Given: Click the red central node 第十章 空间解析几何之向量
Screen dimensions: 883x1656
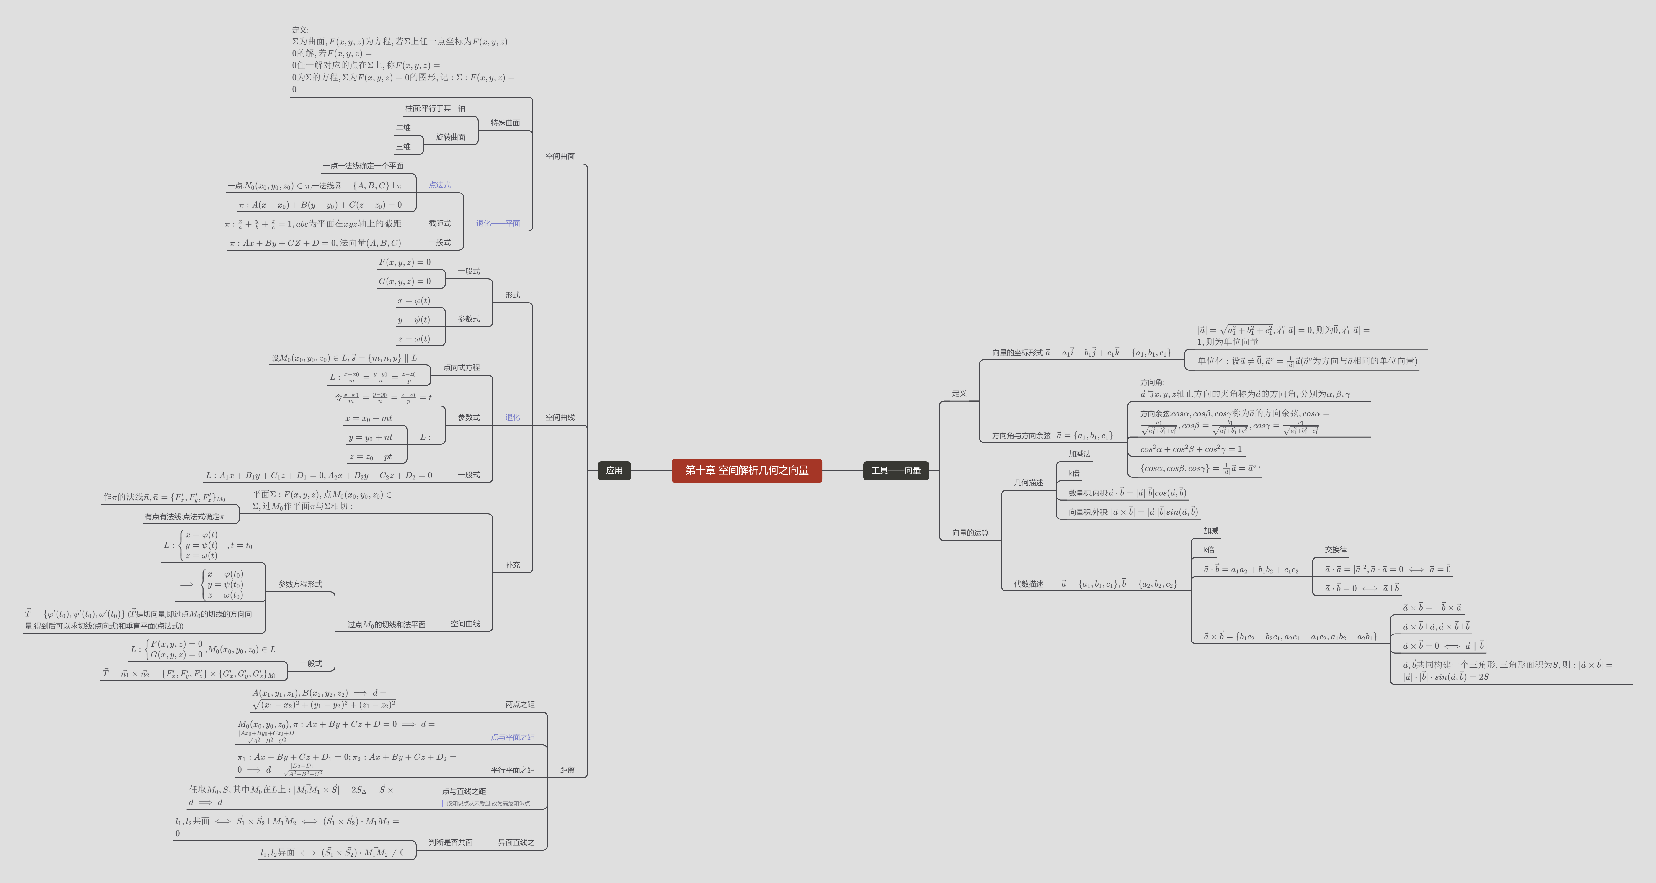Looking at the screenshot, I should (x=746, y=470).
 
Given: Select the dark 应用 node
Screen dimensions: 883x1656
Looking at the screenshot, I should (x=614, y=470).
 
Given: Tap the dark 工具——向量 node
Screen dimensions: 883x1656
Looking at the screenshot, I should (x=895, y=470).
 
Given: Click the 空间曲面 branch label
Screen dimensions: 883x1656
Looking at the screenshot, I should (x=560, y=156).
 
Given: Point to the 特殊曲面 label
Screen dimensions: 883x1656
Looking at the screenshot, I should (x=505, y=123).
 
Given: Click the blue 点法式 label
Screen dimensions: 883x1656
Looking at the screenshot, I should (x=440, y=185).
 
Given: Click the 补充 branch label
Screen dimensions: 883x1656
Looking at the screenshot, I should (x=512, y=565).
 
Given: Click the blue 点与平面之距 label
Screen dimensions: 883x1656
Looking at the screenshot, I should (x=512, y=737).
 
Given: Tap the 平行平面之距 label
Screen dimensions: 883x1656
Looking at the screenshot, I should (x=512, y=770).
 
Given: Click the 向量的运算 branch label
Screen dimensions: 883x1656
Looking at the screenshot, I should (x=970, y=533).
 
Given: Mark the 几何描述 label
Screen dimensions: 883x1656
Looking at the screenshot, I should (x=1029, y=483).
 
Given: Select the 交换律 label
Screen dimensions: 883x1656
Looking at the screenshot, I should (x=1336, y=549).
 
